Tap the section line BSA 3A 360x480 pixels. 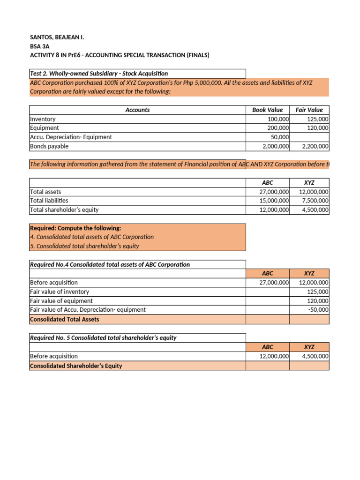coord(38,46)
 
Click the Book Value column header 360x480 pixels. coord(267,110)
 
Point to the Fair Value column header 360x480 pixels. coord(309,110)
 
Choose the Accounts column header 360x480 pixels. coord(137,110)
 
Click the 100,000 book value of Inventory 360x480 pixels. coord(278,119)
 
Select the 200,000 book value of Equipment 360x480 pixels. coord(278,128)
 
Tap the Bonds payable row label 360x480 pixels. coord(49,146)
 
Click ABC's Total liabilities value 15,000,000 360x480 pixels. coord(274,201)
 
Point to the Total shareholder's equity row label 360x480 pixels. coord(64,210)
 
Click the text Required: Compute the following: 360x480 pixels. coord(75,228)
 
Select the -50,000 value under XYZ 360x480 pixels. coord(318,310)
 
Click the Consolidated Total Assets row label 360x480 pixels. coord(64,319)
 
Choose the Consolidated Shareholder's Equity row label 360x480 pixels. coord(76,366)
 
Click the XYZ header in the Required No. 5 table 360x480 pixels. coord(309,347)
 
